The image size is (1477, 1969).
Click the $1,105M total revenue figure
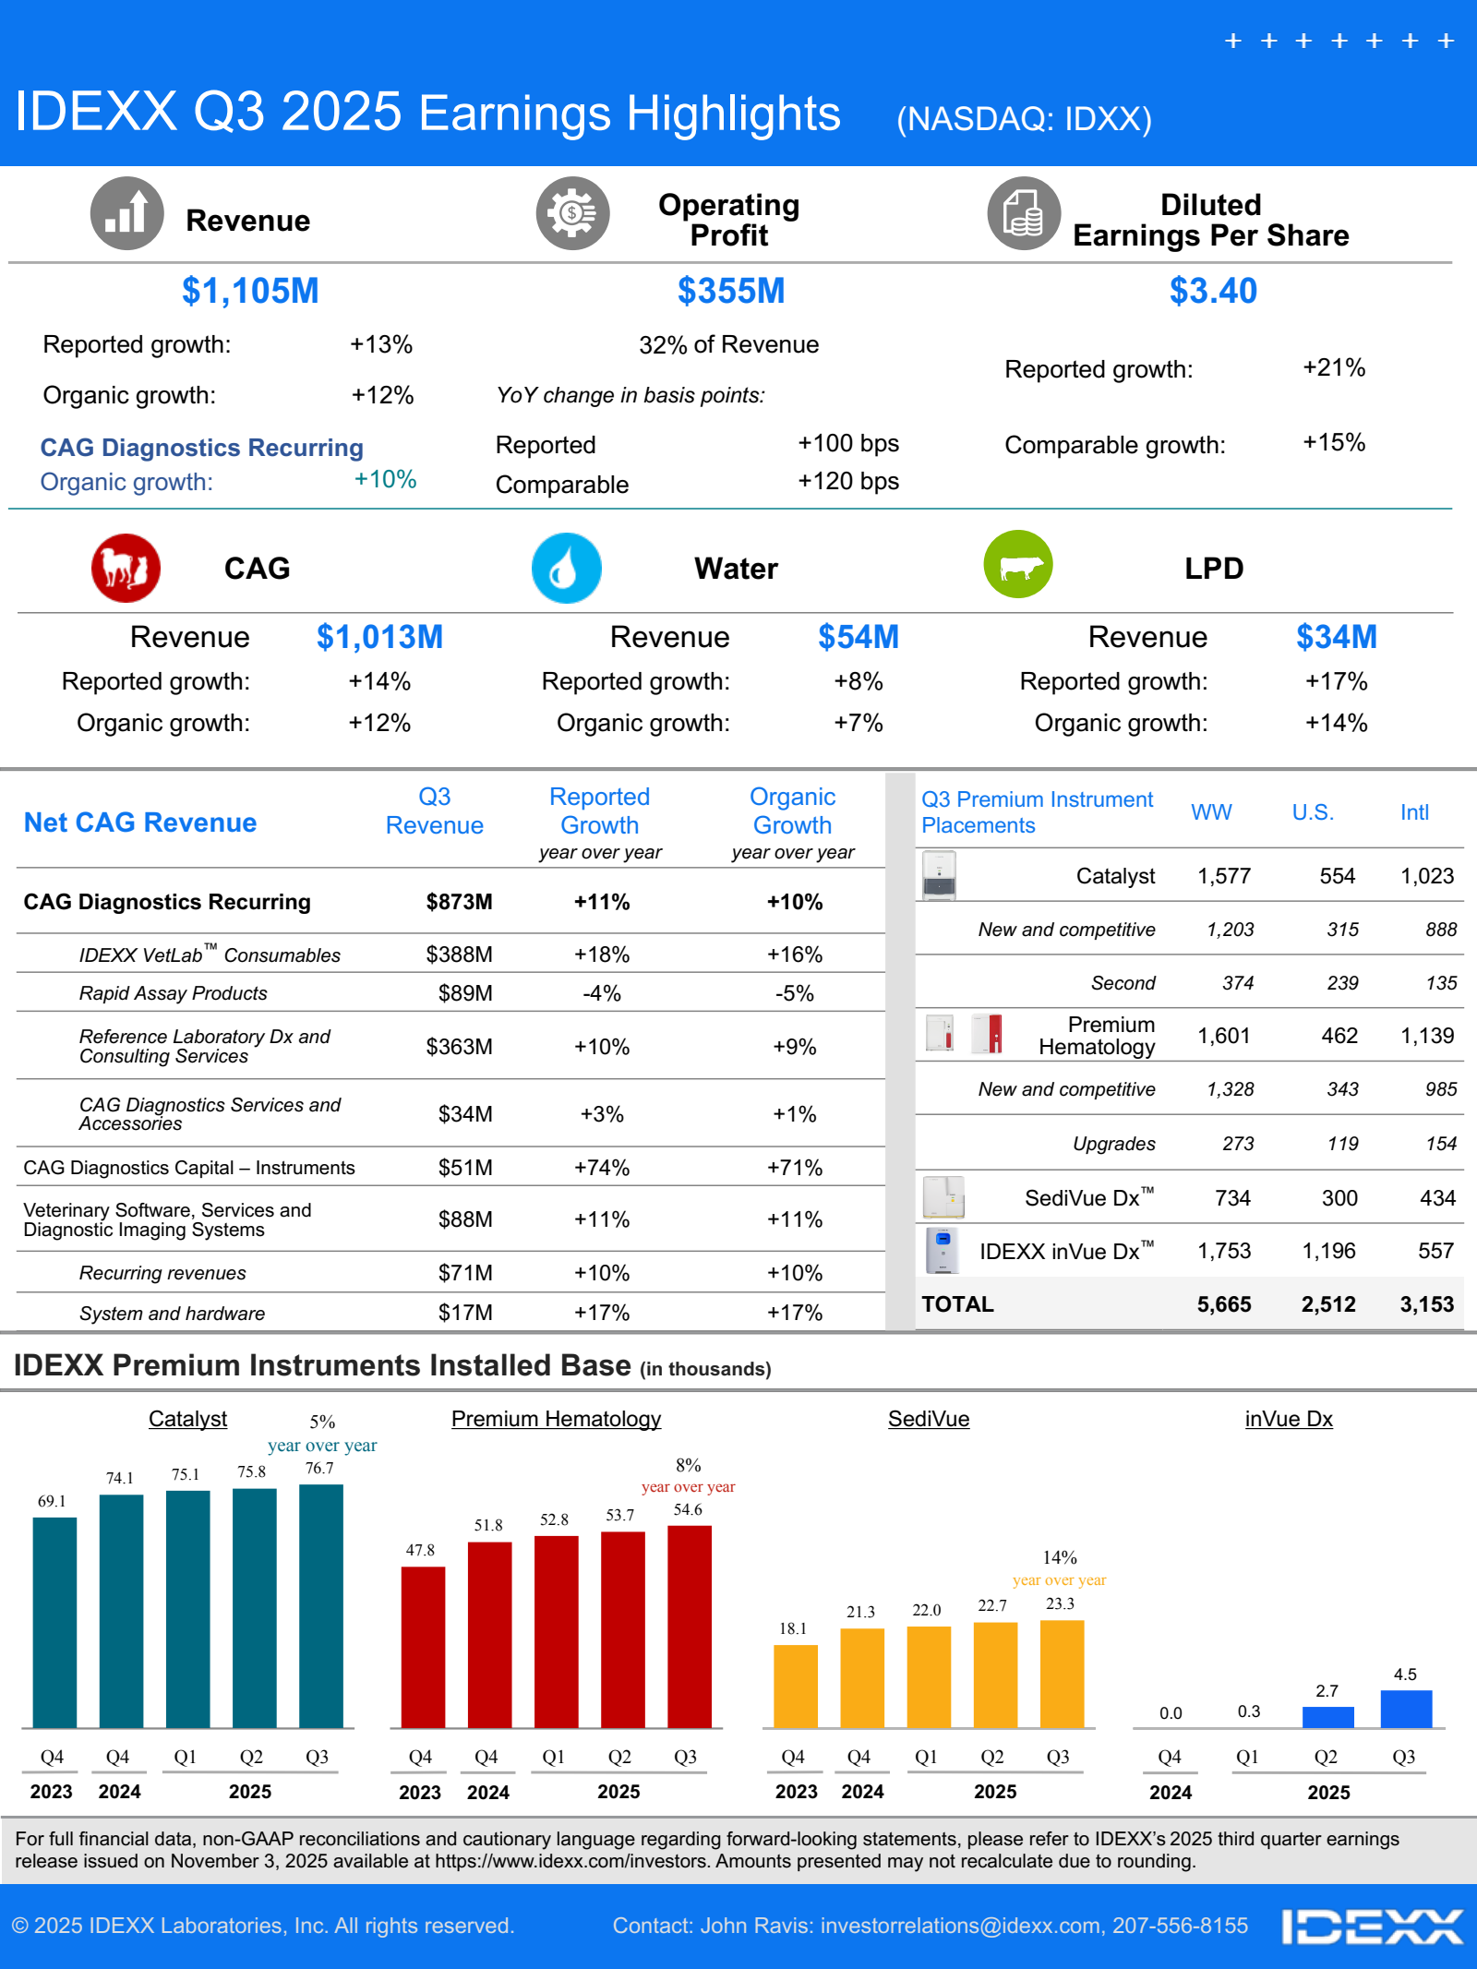250,291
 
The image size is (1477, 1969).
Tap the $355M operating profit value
730,291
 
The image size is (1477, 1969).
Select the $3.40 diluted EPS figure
1213,291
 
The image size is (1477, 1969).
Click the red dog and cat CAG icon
126,568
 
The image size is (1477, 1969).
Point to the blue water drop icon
566,568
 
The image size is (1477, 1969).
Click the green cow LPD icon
1018,564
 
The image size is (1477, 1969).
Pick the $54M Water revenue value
858,637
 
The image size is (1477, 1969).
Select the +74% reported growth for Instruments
601,1168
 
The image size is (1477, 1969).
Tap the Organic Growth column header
792,810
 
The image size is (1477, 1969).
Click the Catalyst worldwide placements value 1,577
1223,876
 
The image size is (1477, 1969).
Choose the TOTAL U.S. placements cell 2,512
1327,1304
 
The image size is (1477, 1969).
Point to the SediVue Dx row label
1088,1197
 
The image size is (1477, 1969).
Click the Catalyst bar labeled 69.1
54,1623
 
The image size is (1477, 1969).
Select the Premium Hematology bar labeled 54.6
689,1627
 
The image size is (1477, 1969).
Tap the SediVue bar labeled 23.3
1062,1674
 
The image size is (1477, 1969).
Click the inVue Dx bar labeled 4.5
1405,1709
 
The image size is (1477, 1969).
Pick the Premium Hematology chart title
556,1419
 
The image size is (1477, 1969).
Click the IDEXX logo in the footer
1372,1927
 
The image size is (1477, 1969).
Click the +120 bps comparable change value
847,481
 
